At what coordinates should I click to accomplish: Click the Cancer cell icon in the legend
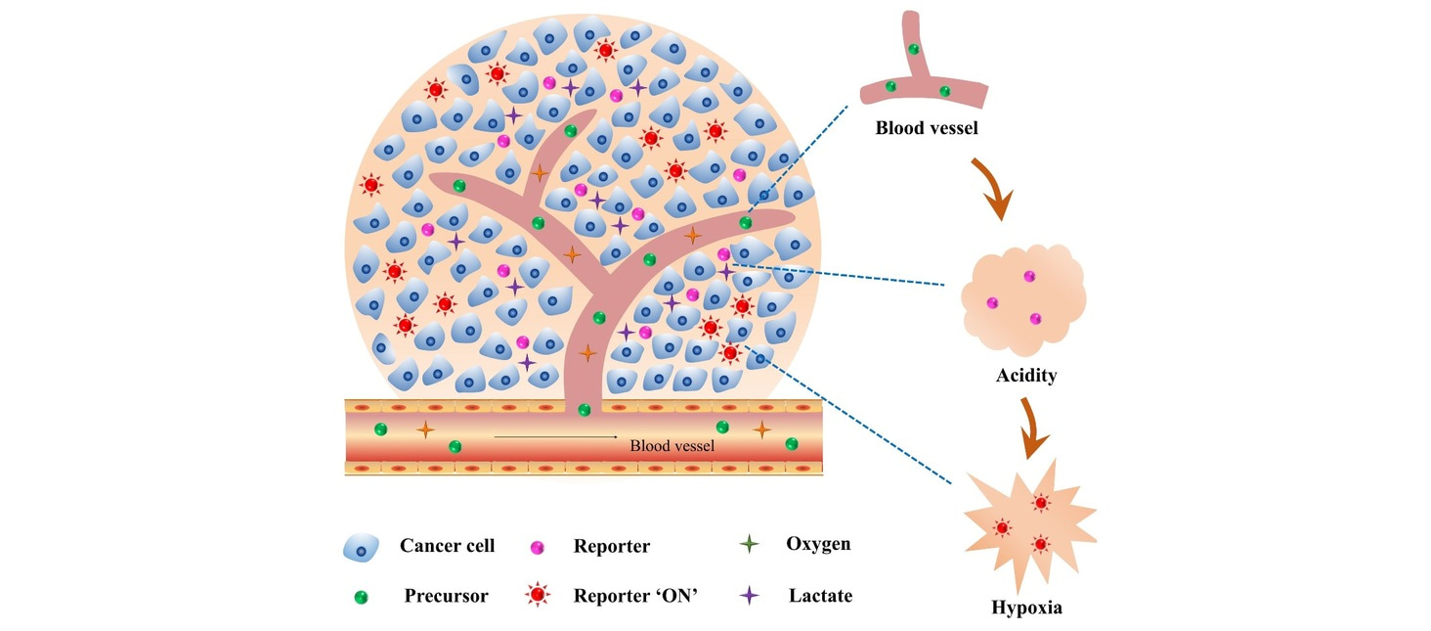coord(361,548)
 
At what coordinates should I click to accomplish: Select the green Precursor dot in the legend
coord(361,595)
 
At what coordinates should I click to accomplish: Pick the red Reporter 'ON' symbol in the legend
coord(536,595)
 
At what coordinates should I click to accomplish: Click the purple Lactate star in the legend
coord(750,594)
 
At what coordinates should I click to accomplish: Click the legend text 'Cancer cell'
coord(447,546)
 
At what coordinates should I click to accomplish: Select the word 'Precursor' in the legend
coord(446,595)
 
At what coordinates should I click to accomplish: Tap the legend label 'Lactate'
coord(820,595)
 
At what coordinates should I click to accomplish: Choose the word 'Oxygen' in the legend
coord(818,544)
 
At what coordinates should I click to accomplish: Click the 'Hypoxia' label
coord(1026,608)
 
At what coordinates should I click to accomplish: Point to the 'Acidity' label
coord(1025,376)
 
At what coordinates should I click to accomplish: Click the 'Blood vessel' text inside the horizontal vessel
coord(672,446)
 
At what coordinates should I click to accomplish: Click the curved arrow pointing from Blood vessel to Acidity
coord(995,192)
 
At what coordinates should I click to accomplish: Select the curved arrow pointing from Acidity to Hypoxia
coord(1035,427)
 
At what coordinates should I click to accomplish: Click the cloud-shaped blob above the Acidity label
coord(1022,297)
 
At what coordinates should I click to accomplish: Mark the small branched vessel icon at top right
coord(920,73)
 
